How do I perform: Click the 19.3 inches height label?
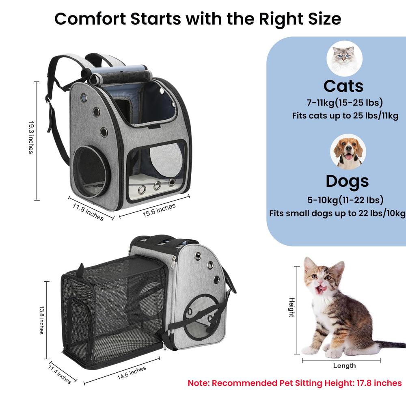click(x=31, y=138)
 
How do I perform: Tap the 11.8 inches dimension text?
click(x=88, y=212)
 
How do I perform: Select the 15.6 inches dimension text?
click(x=159, y=210)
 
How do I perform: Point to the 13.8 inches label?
click(x=41, y=320)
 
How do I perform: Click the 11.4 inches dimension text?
click(x=60, y=374)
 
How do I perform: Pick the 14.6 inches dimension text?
click(x=132, y=373)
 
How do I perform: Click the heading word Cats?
click(x=343, y=86)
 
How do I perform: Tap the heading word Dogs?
click(x=347, y=181)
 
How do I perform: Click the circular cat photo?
click(x=344, y=58)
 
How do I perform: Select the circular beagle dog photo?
click(x=348, y=152)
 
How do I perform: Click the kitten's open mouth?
click(x=321, y=289)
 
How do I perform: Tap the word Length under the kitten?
click(x=344, y=366)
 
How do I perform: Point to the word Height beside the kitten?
click(x=292, y=307)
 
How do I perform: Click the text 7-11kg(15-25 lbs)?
click(x=345, y=103)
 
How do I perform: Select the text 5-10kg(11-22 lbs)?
click(x=346, y=200)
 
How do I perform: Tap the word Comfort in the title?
click(x=90, y=19)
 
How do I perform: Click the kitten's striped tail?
click(x=390, y=344)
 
